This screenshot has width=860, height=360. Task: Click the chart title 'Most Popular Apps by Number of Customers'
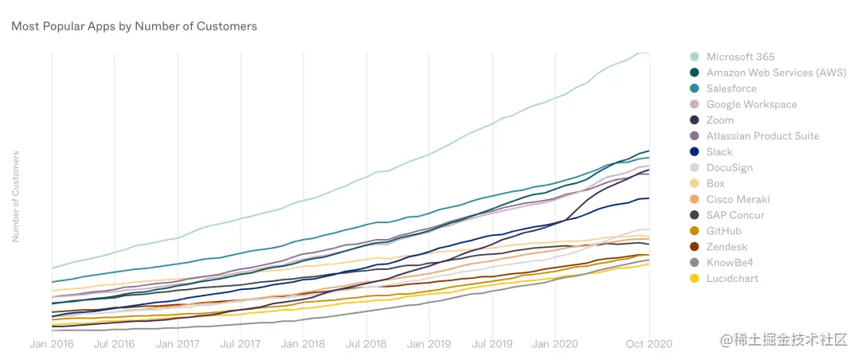[134, 26]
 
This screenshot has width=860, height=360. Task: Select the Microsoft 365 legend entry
[740, 57]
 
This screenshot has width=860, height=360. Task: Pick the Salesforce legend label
[731, 88]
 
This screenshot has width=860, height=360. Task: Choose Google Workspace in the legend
[751, 104]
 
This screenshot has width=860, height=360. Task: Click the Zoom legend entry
[720, 120]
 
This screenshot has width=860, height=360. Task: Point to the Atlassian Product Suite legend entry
[762, 136]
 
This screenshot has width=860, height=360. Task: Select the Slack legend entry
[719, 152]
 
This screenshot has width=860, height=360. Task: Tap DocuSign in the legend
[729, 168]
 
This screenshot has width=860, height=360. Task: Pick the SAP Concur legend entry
[735, 215]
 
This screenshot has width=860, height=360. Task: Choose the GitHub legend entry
[724, 231]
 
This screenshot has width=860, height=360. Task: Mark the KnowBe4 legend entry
[729, 263]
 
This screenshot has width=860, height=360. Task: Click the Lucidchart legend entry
[733, 279]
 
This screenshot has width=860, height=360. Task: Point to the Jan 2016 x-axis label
[52, 344]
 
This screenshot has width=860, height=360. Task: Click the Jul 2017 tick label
[240, 344]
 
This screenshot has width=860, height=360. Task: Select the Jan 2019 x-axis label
[429, 344]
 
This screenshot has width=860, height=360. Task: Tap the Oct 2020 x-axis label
[650, 344]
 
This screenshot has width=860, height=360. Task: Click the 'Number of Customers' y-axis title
[15, 196]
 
